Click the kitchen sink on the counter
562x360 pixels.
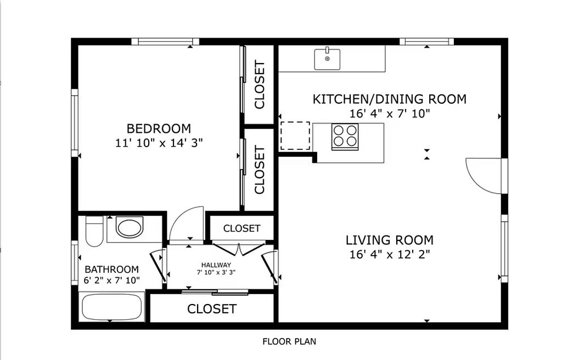327,59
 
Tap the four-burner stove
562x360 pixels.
345,136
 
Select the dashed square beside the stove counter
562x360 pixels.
295,136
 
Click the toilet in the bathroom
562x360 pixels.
94,231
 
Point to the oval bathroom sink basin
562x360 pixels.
130,227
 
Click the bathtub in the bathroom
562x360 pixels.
111,307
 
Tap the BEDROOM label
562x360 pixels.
159,128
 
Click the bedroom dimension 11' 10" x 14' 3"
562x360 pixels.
159,143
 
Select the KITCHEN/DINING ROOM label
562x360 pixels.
390,99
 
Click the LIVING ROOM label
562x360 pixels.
390,240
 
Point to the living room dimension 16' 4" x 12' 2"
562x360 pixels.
390,254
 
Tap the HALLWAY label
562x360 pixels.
216,265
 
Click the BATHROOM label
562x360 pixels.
111,269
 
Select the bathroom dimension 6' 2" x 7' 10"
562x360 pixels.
111,280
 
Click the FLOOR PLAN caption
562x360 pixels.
290,341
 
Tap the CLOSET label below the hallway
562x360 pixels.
212,309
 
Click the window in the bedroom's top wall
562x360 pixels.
165,42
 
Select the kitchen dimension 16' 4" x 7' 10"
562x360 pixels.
390,114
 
